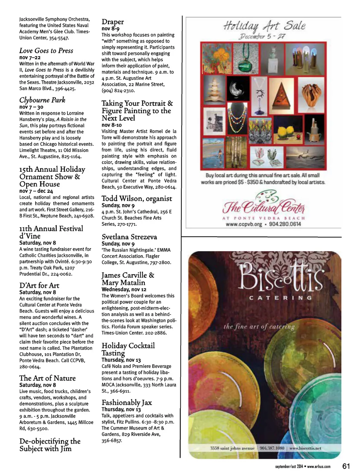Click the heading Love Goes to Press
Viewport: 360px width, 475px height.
coord(46,51)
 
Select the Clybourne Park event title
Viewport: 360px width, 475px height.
coord(42,100)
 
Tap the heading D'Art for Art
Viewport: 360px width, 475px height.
coord(39,285)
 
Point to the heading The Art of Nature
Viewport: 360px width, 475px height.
coord(47,378)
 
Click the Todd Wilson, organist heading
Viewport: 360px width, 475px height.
coord(137,199)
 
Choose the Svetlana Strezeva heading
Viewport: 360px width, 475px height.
coord(129,237)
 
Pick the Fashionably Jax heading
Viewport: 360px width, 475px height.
coord(127,403)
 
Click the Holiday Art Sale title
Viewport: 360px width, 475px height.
coord(264,26)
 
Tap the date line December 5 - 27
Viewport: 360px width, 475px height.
coord(262,36)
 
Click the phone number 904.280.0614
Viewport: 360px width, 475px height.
coord(285,224)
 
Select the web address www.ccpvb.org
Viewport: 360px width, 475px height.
coord(244,224)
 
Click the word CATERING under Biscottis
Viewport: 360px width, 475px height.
coord(280,298)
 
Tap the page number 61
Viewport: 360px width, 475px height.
coord(346,466)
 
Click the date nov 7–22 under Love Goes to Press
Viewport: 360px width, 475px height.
coord(30,57)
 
